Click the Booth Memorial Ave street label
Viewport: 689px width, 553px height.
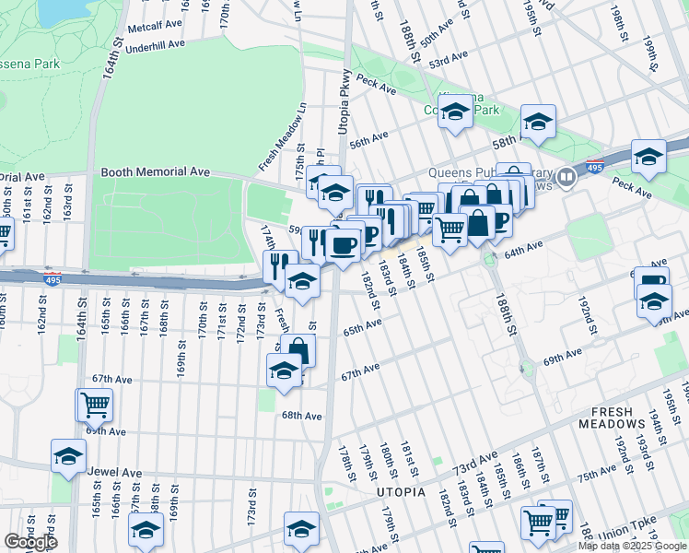[156, 172]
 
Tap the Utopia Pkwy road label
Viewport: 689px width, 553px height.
[344, 102]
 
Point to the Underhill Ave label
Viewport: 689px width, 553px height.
[155, 45]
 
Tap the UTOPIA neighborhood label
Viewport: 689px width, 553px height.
[402, 492]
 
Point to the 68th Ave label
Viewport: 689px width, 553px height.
[301, 417]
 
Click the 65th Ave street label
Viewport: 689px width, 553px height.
[362, 326]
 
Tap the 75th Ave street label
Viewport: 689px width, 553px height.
[597, 477]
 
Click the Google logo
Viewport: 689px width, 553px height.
[31, 542]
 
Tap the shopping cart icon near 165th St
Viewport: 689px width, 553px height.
[95, 404]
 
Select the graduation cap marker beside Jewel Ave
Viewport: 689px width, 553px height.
[68, 455]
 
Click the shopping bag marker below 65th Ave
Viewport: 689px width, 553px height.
[298, 349]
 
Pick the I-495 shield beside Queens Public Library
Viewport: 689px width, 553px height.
[567, 175]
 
